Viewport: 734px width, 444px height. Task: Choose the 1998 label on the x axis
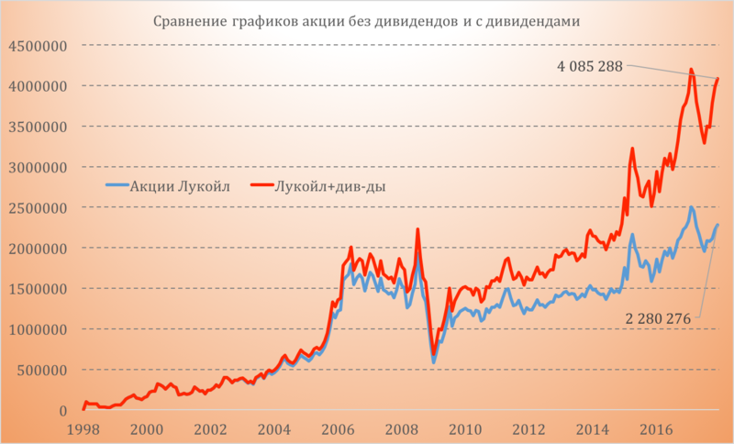point(83,428)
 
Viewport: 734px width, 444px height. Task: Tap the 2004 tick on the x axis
point(274,428)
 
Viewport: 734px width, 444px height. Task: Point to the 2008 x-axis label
point(402,428)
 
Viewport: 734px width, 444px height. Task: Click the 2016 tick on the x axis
point(657,428)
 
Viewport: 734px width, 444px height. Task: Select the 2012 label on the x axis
point(529,428)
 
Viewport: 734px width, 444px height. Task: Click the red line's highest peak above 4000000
point(691,70)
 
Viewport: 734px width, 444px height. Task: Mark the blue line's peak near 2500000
point(691,207)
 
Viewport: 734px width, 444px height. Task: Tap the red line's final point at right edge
point(717,79)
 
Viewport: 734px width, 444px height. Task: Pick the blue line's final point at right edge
point(717,225)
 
